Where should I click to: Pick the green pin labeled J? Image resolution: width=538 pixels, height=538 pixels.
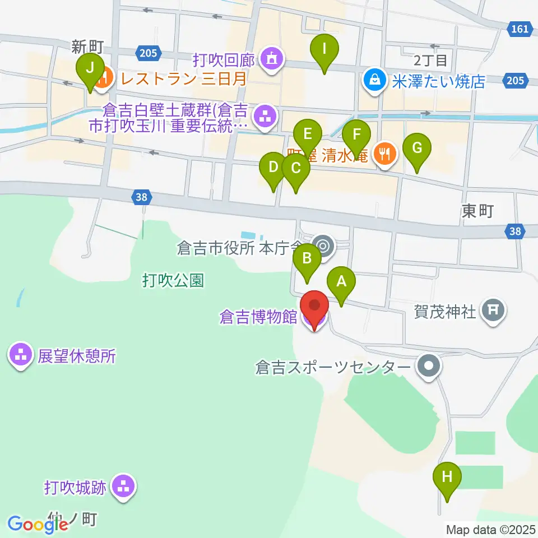pyautogui.click(x=90, y=71)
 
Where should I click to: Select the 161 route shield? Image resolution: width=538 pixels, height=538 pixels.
pyautogui.click(x=521, y=29)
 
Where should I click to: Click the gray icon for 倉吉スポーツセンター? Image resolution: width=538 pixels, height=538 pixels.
pyautogui.click(x=429, y=367)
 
